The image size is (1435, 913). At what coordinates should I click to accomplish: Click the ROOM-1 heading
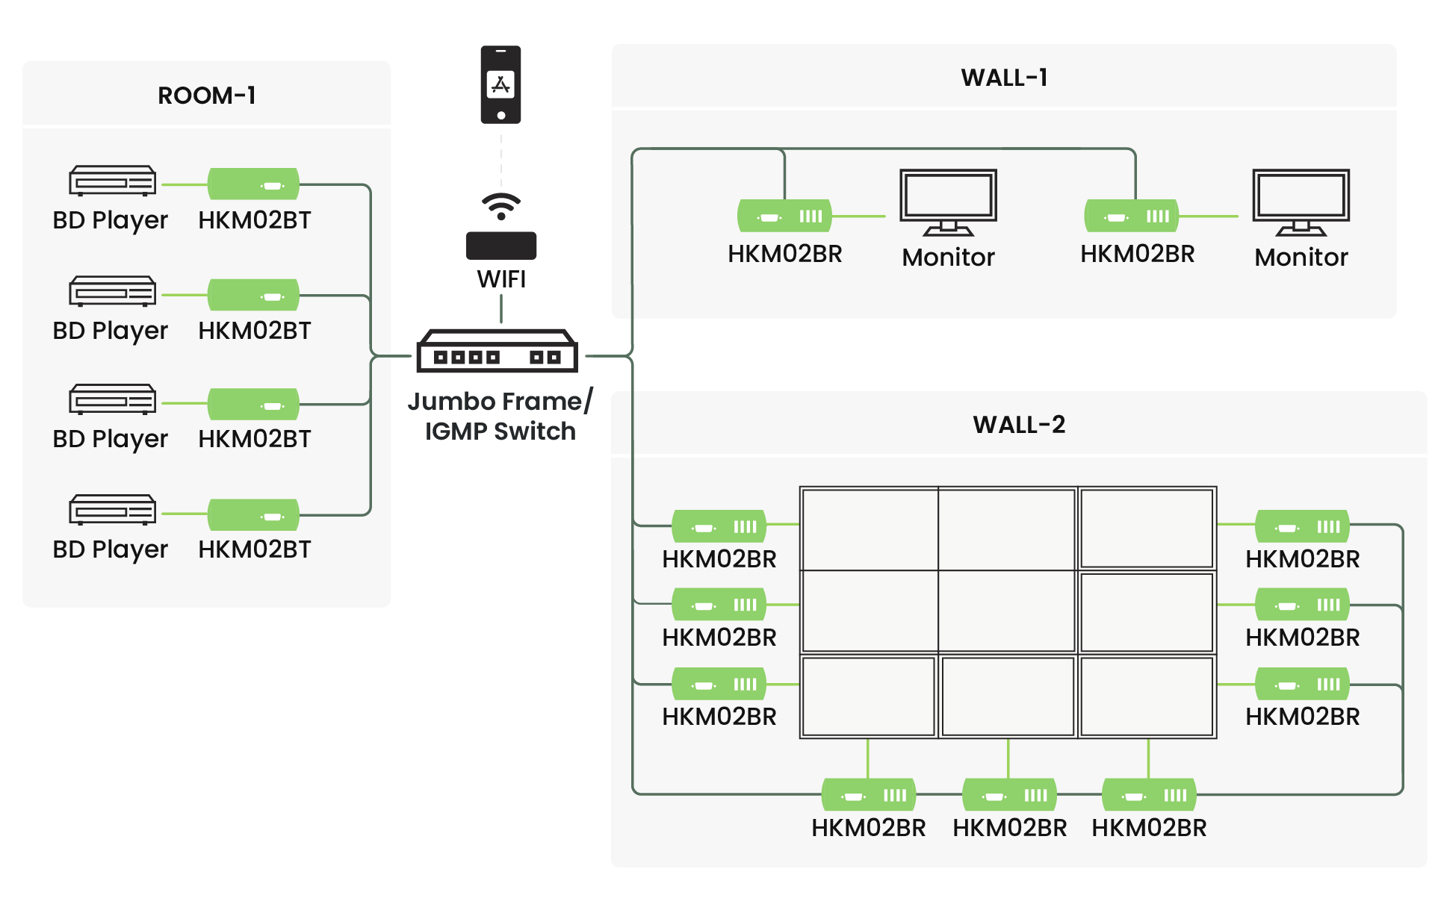tap(207, 96)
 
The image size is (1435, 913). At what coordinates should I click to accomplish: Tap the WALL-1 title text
tap(1004, 78)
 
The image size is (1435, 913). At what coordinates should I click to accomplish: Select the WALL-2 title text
tap(1019, 425)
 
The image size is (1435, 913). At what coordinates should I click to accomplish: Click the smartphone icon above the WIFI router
tap(500, 84)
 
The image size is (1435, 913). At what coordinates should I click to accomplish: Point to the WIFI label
tap(501, 279)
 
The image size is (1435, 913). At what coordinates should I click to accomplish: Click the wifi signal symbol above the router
tap(501, 205)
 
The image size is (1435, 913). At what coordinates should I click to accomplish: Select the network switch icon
tap(497, 351)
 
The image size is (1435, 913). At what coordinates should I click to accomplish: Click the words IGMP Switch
tap(500, 431)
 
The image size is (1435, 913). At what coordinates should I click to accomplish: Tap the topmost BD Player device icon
tap(112, 181)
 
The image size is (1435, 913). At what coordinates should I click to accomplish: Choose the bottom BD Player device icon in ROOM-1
tap(112, 510)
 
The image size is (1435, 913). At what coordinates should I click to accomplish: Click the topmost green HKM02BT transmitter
tap(253, 184)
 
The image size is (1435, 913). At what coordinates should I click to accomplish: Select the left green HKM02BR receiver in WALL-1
tap(784, 216)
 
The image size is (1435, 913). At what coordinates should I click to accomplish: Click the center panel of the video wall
tap(1007, 612)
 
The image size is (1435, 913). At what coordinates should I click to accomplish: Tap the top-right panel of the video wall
tap(1147, 529)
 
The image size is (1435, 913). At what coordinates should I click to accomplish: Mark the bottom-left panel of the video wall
tap(868, 697)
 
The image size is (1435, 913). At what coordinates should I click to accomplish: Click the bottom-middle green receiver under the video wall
tap(1009, 796)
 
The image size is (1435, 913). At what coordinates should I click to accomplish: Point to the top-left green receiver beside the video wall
tap(719, 526)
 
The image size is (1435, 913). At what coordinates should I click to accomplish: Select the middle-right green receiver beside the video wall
tap(1302, 605)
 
